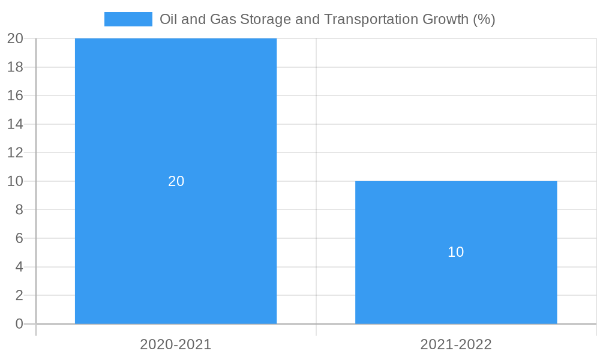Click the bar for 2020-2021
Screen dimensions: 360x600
pyautogui.click(x=176, y=120)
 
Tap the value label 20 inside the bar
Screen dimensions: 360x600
pyautogui.click(x=176, y=181)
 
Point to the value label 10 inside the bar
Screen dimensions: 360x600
pyautogui.click(x=456, y=252)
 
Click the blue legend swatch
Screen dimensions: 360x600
pyautogui.click(x=128, y=19)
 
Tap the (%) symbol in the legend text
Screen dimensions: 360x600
pyautogui.click(x=484, y=19)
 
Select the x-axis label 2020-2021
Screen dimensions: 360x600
pyautogui.click(x=176, y=344)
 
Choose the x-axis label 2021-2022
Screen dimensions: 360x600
pyautogui.click(x=456, y=344)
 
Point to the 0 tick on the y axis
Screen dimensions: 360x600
pyautogui.click(x=19, y=324)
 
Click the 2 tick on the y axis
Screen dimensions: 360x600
pyautogui.click(x=19, y=295)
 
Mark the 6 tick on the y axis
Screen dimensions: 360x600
pyautogui.click(x=19, y=238)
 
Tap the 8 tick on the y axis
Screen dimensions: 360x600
pyautogui.click(x=19, y=209)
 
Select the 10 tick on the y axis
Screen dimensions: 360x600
pyautogui.click(x=15, y=181)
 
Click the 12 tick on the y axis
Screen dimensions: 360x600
pyautogui.click(x=15, y=152)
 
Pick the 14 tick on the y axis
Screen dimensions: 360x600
pyautogui.click(x=15, y=124)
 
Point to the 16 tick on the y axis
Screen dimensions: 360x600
pyautogui.click(x=15, y=95)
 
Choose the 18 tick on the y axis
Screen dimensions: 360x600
pyautogui.click(x=15, y=67)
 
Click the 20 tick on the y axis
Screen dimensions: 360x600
pyautogui.click(x=15, y=38)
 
